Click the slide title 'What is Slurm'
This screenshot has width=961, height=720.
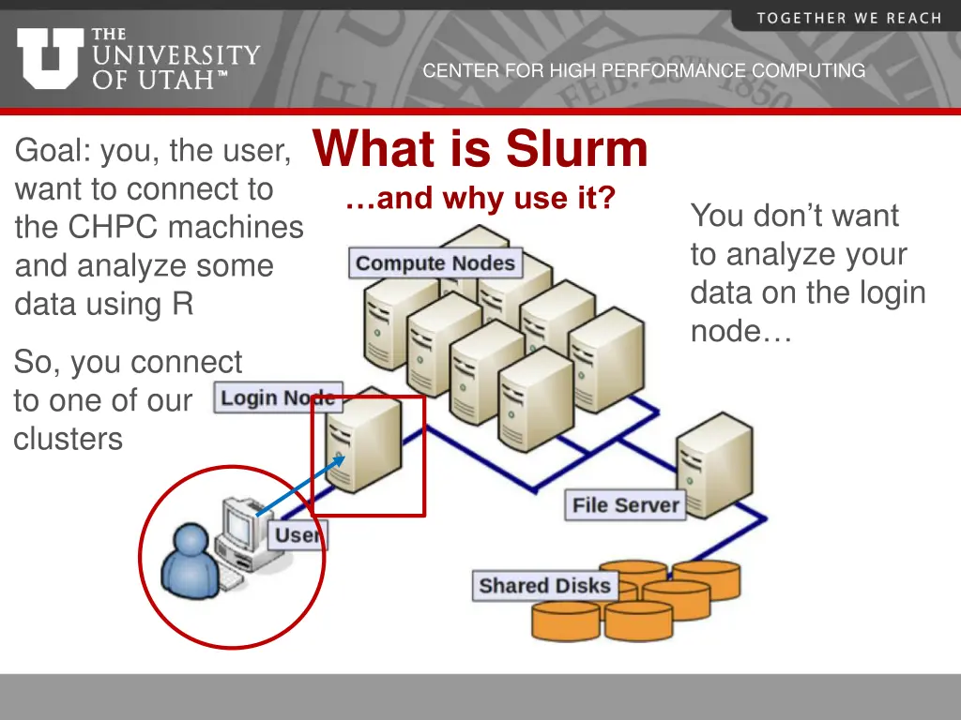click(x=480, y=149)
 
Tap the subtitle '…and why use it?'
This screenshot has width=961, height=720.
click(x=480, y=199)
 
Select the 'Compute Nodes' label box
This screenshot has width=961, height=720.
click(x=435, y=263)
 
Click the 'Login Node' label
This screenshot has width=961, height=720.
click(x=278, y=397)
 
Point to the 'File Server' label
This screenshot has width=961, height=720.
click(x=625, y=505)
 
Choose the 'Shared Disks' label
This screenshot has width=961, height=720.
click(x=544, y=586)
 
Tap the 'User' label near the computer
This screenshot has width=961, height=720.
click(x=297, y=536)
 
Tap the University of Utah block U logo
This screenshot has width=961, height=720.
click(x=50, y=57)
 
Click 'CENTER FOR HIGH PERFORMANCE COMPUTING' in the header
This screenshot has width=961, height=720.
click(x=644, y=70)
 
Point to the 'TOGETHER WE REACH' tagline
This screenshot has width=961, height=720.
click(x=848, y=18)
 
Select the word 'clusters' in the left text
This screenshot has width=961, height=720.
click(x=68, y=439)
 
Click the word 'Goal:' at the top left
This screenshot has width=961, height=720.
click(x=53, y=150)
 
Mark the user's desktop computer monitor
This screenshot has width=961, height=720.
click(x=240, y=525)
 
